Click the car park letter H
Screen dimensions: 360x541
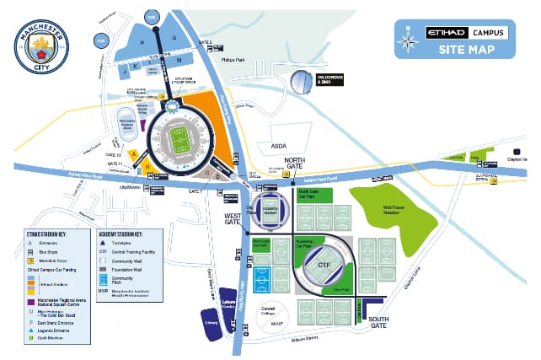tap(142, 41)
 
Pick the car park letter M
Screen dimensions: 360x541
tap(179, 61)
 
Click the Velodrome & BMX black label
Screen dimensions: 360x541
tap(329, 81)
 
